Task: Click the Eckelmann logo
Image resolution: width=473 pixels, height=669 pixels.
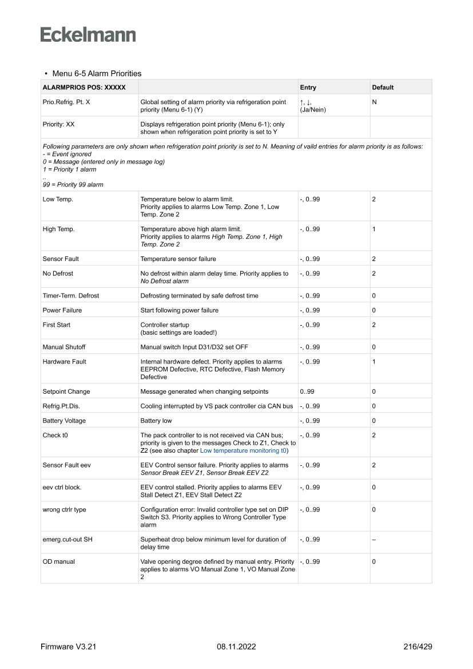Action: coord(88,34)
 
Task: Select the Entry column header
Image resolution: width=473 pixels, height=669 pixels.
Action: coord(308,88)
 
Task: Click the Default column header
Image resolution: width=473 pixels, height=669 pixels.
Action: coord(383,88)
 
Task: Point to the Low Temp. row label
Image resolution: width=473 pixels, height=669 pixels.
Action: coord(58,199)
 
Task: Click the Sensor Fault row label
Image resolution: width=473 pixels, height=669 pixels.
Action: coord(61,259)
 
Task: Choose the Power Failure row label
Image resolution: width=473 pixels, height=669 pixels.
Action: coord(62,310)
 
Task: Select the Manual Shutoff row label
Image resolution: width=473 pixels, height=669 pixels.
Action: coord(63,347)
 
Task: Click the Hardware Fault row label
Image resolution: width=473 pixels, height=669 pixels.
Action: coord(64,362)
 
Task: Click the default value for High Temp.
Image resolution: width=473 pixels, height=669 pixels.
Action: coord(373,229)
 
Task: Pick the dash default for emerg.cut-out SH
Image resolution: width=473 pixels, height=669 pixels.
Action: coord(374,539)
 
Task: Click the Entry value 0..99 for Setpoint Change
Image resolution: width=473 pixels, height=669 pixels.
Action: coord(307,391)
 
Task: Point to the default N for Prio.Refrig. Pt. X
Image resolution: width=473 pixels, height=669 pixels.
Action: coord(374,102)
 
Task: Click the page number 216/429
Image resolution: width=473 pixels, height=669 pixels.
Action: coord(418,647)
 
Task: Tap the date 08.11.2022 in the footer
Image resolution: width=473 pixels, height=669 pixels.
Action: coord(236,647)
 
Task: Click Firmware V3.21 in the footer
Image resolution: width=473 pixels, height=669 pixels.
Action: coord(68,647)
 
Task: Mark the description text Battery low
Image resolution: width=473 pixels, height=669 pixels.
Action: coord(156,421)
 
